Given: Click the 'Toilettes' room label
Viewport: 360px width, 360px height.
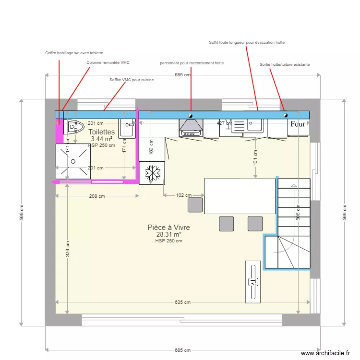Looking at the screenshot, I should click(102, 132).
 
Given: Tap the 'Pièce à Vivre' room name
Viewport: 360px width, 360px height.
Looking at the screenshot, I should click(168, 228).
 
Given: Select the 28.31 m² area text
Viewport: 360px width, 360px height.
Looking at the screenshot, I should click(168, 235).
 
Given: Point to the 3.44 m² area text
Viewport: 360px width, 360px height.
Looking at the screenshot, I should click(102, 139).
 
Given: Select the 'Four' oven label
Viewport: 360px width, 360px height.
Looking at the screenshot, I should click(298, 124).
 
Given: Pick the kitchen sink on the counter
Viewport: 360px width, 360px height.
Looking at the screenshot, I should click(247, 126).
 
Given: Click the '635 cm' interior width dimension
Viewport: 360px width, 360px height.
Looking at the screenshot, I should click(183, 302).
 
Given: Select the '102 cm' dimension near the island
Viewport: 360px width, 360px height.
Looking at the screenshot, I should click(183, 195).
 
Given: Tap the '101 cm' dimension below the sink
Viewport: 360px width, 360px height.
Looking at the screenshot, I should click(255, 157).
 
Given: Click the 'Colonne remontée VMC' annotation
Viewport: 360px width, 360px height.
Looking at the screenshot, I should click(108, 62).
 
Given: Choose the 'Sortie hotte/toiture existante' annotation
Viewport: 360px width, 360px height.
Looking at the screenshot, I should click(285, 64).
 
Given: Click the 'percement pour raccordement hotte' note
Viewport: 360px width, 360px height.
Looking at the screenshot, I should click(192, 63).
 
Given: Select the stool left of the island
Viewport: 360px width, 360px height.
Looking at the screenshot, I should click(195, 205).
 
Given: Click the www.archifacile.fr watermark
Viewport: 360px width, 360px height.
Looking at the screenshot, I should click(325, 353).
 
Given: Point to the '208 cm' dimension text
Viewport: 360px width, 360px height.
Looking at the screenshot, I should click(97, 196).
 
